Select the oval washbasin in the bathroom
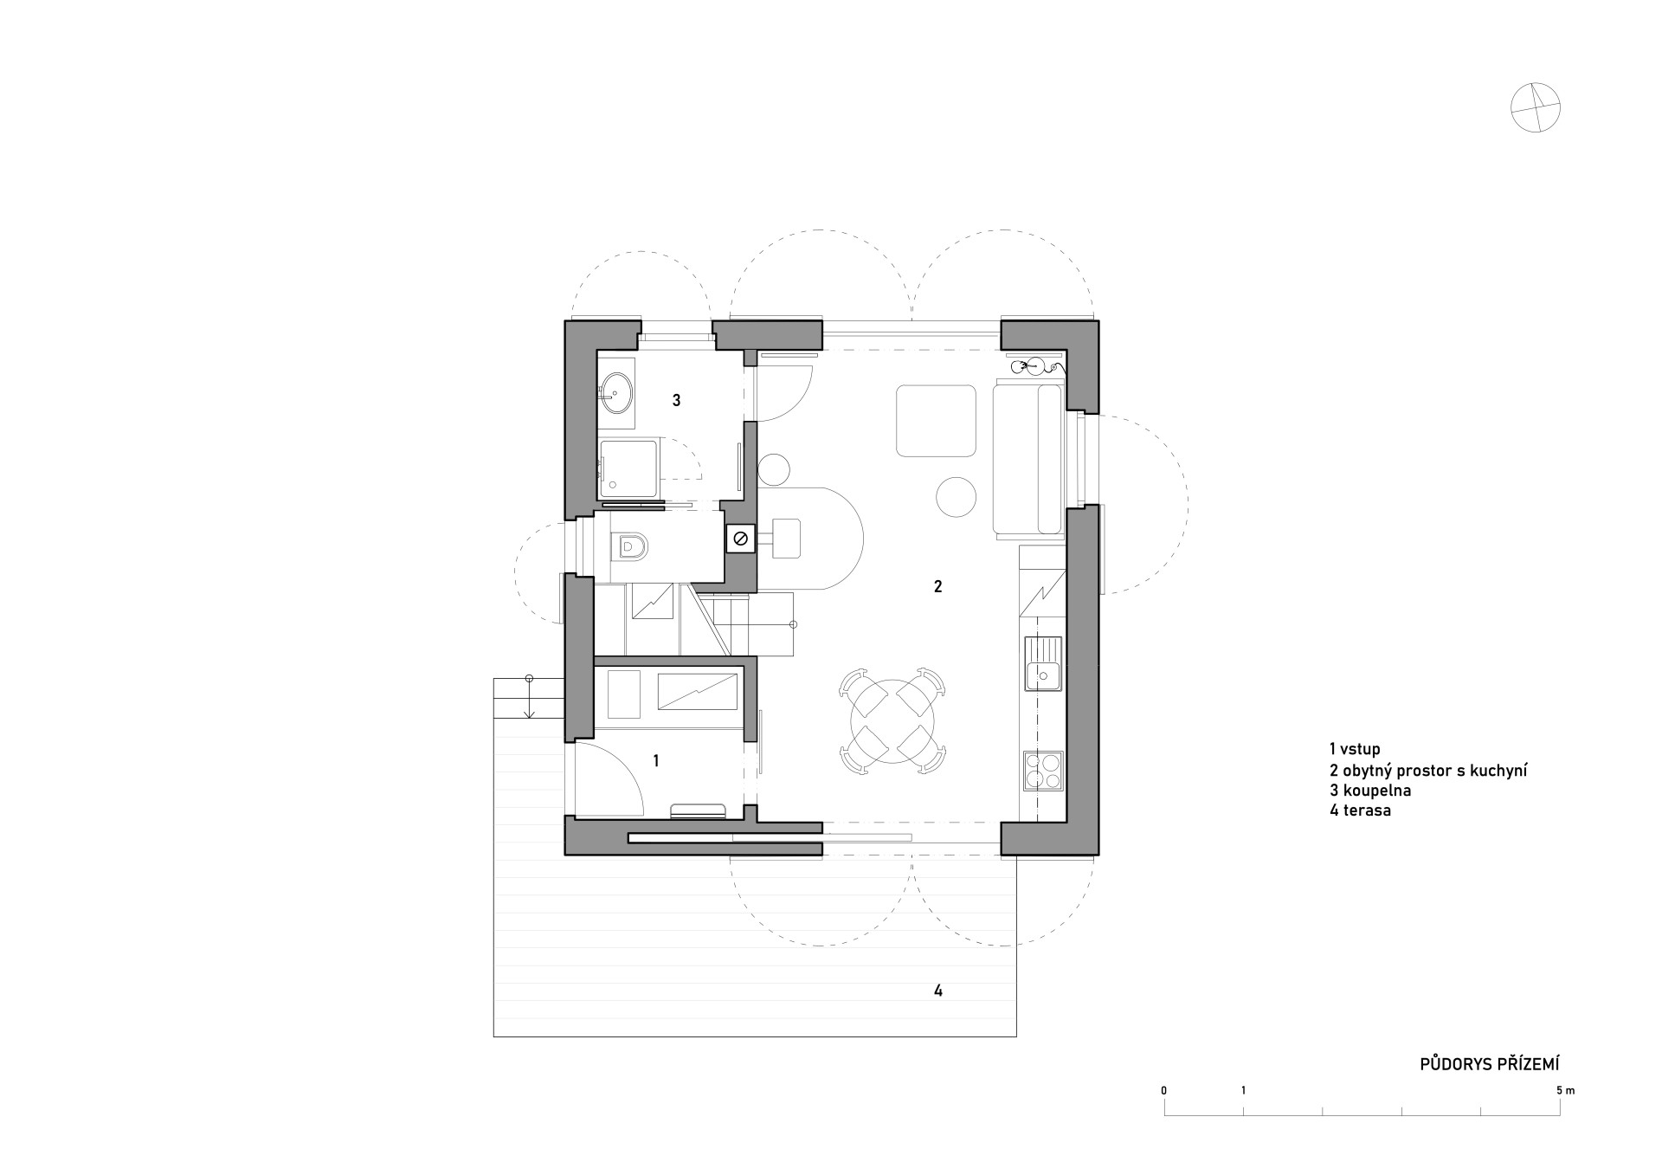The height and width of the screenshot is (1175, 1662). tap(615, 394)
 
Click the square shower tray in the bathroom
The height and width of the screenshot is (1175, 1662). tap(629, 469)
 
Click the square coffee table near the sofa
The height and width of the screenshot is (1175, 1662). tap(935, 421)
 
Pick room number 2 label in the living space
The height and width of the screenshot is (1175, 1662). tap(937, 586)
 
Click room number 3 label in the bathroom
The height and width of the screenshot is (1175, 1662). tap(677, 400)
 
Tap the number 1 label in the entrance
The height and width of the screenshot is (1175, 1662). tap(656, 760)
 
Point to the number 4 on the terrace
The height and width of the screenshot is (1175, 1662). tap(938, 991)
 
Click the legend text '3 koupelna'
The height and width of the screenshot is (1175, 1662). tap(1370, 791)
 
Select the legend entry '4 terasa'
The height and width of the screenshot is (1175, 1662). tap(1360, 811)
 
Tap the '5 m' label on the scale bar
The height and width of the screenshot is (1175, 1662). tap(1565, 1090)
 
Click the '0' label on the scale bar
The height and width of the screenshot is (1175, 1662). tap(1164, 1090)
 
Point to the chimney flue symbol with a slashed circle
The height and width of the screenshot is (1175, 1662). tap(741, 539)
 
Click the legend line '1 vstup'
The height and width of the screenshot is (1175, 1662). tap(1355, 749)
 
